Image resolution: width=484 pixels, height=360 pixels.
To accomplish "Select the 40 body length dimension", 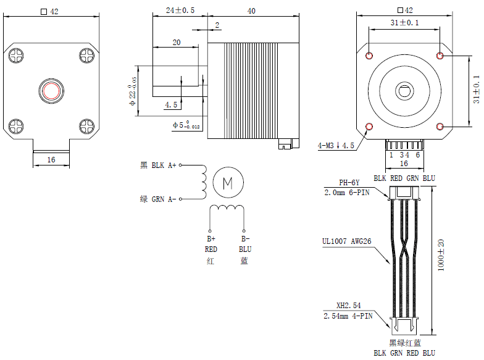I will click(251, 11).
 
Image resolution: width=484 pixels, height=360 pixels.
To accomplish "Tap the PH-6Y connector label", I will click(349, 183).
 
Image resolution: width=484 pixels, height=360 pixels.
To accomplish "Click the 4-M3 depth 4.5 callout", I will click(336, 146).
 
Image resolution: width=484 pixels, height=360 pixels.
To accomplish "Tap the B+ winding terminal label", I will click(211, 238).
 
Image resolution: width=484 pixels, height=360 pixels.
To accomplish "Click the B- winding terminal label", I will click(245, 238).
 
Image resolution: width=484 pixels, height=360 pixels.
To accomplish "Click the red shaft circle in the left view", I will click(51, 91).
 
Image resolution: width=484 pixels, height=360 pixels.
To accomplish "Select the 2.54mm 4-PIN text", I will click(348, 316).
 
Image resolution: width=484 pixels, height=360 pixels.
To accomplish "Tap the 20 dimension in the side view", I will click(177, 43).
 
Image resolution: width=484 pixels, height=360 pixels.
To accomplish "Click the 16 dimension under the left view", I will click(51, 159).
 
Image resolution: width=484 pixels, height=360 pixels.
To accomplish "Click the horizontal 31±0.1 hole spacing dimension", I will click(404, 23).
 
